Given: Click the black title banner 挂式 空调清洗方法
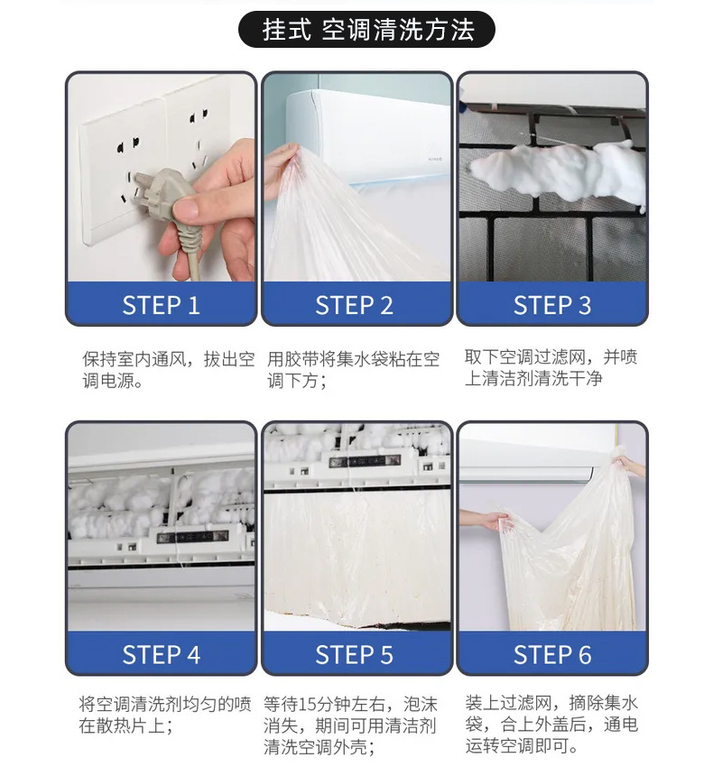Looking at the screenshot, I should click(366, 30).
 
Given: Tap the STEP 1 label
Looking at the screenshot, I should click(161, 305).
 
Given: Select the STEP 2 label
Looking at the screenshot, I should click(355, 305).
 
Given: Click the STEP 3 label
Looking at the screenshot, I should click(551, 305).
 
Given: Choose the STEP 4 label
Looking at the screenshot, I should click(161, 654).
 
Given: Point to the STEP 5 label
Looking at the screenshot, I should click(355, 654).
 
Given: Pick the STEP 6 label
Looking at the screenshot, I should click(551, 654).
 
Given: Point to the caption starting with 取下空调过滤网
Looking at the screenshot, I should click(551, 367).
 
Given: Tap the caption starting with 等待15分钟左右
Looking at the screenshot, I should click(351, 725).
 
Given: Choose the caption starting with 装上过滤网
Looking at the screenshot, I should click(551, 725).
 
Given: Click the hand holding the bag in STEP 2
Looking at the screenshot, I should click(282, 163).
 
